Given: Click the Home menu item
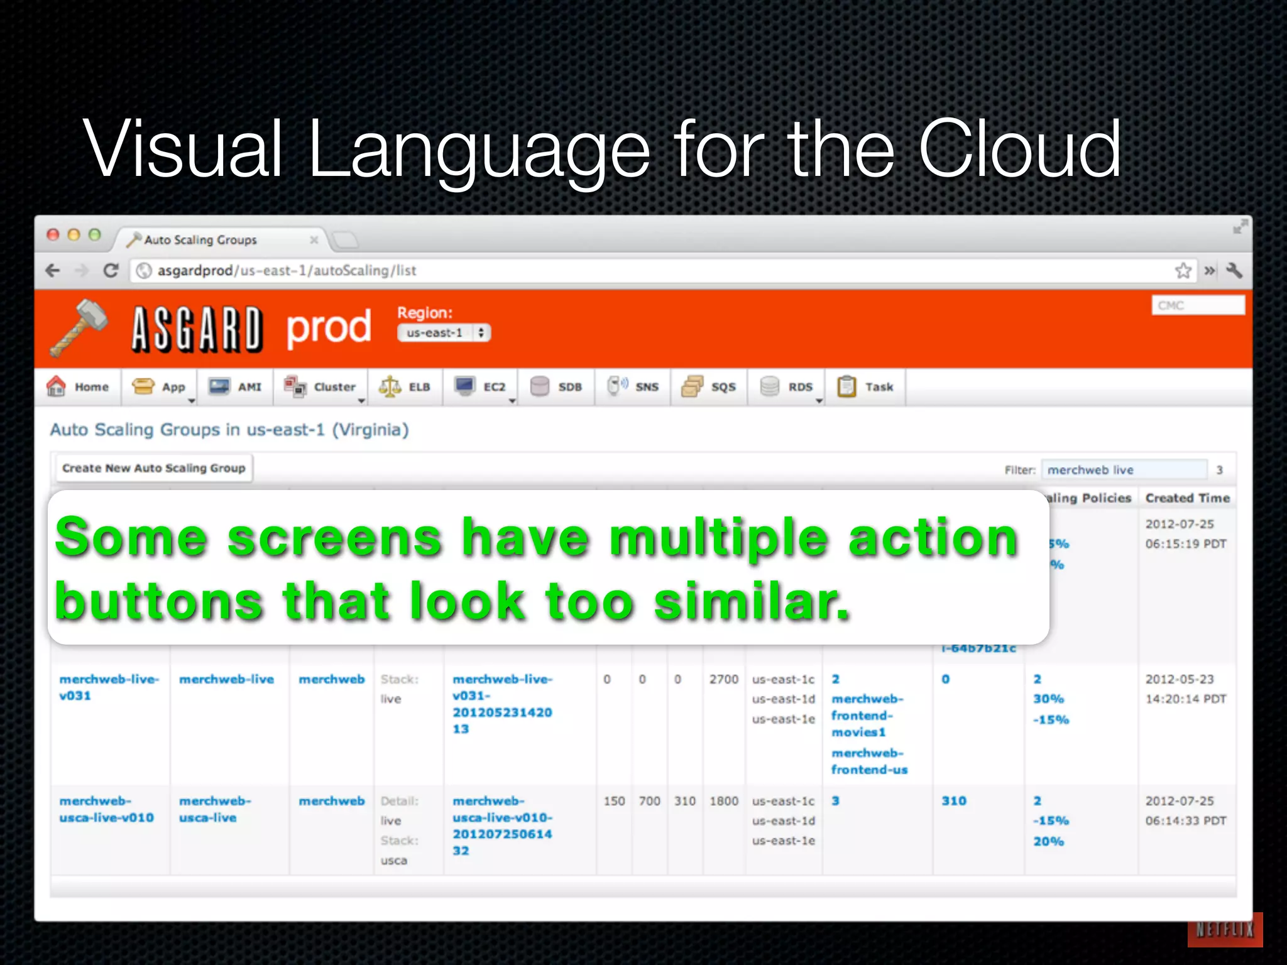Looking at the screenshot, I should point(78,387).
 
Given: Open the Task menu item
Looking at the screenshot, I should point(865,387).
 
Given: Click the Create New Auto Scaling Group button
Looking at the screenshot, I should point(153,468).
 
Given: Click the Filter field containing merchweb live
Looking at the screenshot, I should point(1124,470).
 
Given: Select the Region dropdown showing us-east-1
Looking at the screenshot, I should point(444,333).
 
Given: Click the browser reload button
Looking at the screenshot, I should point(111,271).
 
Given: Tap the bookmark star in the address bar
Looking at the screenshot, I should point(1183,271).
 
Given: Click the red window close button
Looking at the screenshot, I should point(53,235).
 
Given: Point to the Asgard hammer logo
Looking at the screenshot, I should point(79,327).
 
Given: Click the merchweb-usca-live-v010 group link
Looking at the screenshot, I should point(106,809).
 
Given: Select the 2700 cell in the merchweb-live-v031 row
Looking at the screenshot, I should point(723,679).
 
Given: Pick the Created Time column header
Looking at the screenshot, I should point(1187,498).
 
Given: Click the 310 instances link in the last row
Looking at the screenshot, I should point(953,801).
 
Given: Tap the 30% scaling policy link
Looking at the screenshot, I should point(1048,699).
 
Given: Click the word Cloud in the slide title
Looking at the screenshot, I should point(1019,150).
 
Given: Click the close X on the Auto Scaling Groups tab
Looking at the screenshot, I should point(314,240).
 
